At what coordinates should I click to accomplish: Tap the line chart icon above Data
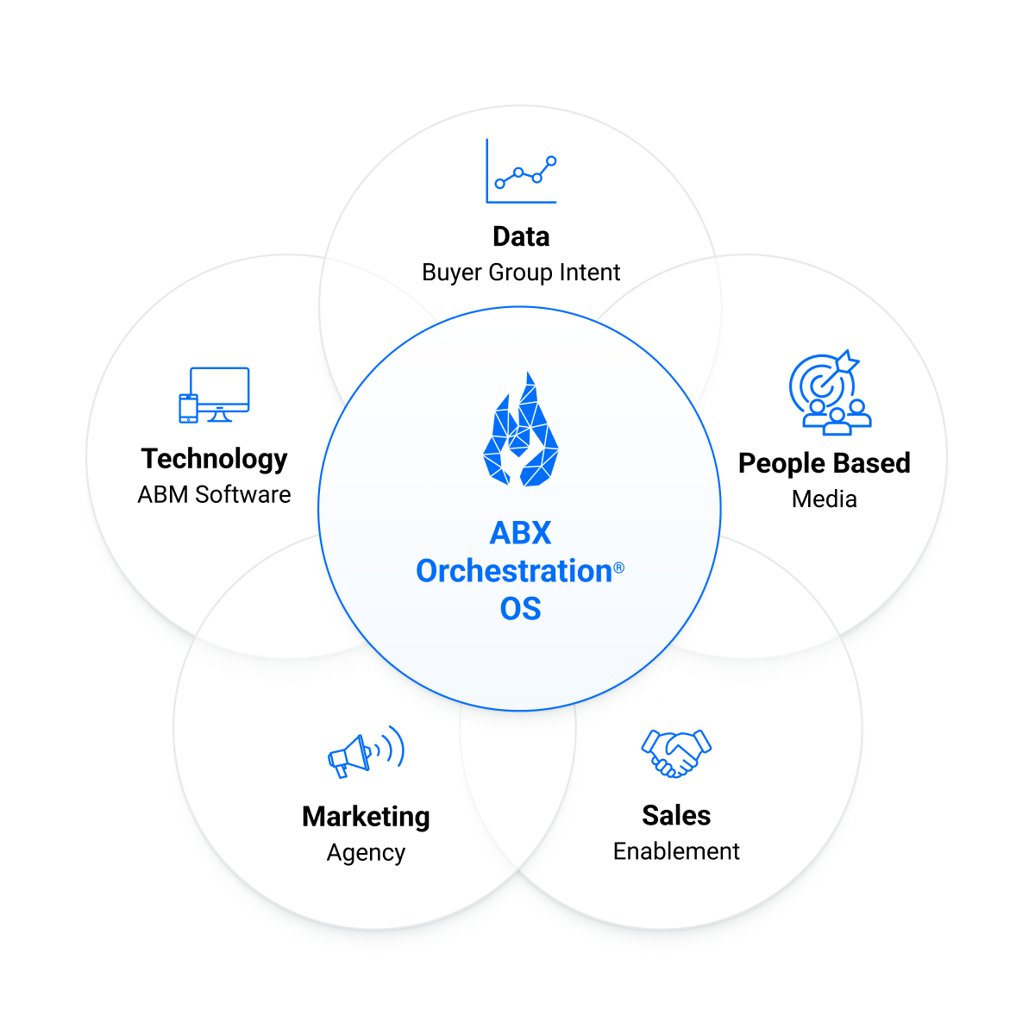pos(521,172)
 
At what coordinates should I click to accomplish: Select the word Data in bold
pos(521,236)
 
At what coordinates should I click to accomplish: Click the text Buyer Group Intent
pos(521,273)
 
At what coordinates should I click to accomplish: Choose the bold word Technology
pos(214,459)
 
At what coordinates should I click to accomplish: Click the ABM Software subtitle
pos(214,495)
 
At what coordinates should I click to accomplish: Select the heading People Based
pos(824,463)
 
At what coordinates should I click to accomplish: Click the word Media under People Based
pos(824,499)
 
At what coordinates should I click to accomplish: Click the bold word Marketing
pos(366,816)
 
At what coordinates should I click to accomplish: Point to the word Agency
pos(366,853)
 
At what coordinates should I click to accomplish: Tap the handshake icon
pos(676,753)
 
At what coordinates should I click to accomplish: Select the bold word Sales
pos(676,815)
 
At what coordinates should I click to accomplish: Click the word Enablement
pos(676,851)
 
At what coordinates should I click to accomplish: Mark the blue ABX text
pos(520,533)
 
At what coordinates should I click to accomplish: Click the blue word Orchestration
pos(514,571)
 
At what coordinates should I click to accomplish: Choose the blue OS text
pos(520,609)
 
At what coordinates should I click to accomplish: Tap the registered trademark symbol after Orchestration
pos(618,568)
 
